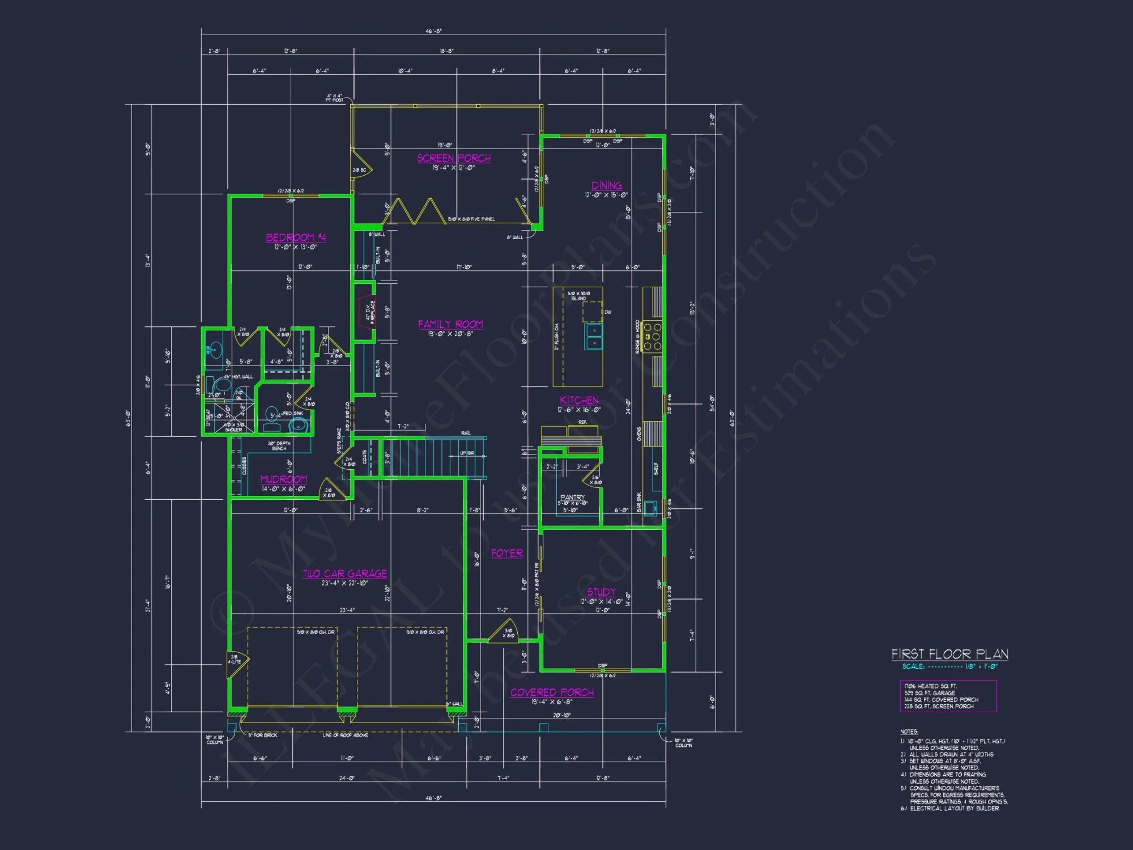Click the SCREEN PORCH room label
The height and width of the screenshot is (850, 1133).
point(454,158)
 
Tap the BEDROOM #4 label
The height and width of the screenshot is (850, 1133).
point(296,237)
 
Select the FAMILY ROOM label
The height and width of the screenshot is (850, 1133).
point(450,324)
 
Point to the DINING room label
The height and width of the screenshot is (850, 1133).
point(606,186)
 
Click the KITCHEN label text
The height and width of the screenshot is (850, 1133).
point(579,400)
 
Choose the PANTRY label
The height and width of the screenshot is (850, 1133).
point(572,497)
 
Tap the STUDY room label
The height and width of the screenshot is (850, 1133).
point(601,592)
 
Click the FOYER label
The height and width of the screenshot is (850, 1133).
point(506,553)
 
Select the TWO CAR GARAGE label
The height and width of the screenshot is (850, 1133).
point(344,573)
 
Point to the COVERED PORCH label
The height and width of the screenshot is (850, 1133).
point(552,692)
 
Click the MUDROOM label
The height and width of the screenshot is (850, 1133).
point(283,479)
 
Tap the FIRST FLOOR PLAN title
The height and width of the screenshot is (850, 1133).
point(949,654)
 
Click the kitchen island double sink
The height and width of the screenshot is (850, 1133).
point(593,337)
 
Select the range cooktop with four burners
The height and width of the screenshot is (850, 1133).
point(652,335)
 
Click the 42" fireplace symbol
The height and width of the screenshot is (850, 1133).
point(366,312)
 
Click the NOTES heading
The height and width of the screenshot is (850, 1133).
point(909,732)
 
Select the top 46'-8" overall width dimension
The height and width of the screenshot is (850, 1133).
point(433,31)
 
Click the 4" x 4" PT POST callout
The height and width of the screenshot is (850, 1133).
point(334,97)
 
